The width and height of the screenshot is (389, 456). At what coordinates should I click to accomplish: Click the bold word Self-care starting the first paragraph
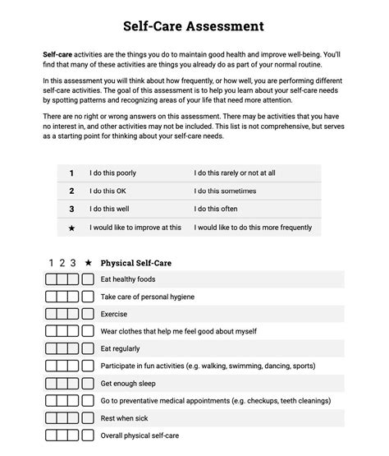point(58,53)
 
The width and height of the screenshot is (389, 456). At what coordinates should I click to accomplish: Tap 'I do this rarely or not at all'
point(234,173)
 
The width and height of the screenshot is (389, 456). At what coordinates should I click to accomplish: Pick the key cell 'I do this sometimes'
point(225,191)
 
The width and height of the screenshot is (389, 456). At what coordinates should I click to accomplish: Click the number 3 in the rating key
point(71,209)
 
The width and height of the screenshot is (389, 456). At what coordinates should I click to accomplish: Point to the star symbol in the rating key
point(71,228)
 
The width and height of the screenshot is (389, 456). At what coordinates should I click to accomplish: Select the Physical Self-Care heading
point(135,263)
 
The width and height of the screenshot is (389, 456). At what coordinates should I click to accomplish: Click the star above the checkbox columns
point(88,263)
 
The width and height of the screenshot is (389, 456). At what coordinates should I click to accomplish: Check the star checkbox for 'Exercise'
point(88,314)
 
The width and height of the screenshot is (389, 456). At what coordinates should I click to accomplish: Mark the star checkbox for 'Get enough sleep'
point(88,383)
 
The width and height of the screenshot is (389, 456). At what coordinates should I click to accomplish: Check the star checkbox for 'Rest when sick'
point(88,417)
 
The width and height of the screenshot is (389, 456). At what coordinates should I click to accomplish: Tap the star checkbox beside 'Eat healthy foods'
point(88,280)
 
